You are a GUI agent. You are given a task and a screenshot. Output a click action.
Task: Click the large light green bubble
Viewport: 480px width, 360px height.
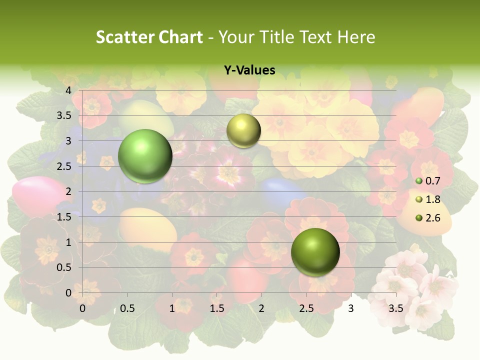145,156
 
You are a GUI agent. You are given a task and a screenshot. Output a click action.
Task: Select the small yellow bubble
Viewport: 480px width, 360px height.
243,130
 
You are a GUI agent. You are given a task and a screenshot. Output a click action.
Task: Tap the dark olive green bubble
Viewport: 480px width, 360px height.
315,252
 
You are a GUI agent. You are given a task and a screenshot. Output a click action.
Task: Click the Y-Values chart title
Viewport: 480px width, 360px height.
249,70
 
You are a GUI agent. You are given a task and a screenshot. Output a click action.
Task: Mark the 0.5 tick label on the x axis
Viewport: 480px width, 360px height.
127,309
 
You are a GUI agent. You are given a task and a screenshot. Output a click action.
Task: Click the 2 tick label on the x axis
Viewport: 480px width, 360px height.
261,309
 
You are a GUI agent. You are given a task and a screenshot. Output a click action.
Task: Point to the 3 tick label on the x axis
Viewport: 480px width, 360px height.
351,309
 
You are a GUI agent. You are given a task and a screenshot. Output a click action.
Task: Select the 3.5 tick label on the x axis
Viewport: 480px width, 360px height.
395,309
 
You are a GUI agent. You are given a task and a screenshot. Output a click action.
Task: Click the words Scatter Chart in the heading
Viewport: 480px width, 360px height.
149,37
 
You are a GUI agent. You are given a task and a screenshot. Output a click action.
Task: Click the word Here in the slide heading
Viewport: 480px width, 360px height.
356,37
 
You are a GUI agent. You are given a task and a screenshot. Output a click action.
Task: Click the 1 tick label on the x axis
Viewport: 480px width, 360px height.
172,309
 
